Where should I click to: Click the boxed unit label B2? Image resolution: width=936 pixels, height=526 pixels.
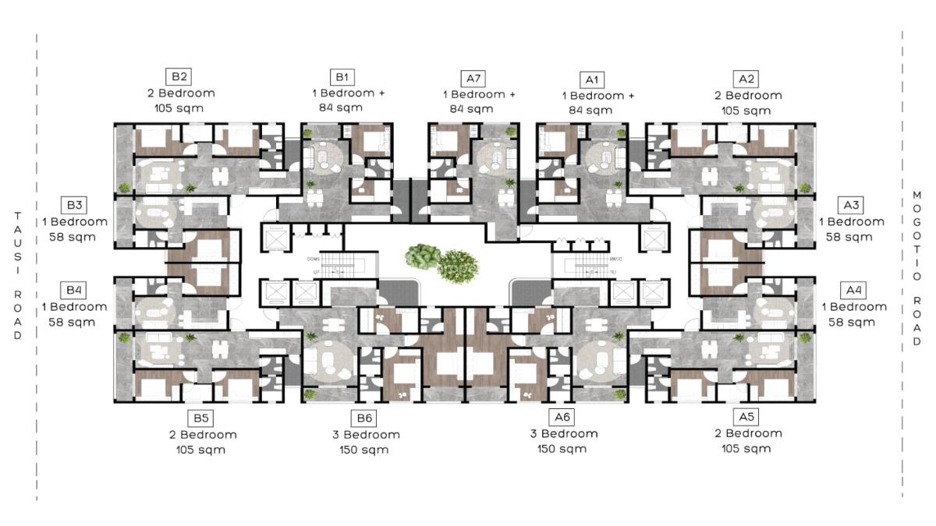tap(179, 76)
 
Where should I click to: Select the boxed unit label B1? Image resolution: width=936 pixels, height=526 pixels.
tap(342, 76)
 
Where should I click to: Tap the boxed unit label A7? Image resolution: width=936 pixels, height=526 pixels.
tap(473, 78)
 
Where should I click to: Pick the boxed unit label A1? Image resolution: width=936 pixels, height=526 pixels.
tap(591, 79)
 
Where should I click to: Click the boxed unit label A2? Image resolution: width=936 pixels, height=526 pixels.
tap(746, 79)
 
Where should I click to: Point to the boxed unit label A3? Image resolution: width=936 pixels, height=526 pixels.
tap(851, 206)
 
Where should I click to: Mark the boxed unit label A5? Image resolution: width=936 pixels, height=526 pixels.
tap(746, 417)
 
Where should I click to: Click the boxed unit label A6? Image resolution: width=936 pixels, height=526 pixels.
tap(562, 417)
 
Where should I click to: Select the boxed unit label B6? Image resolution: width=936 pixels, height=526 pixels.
tap(363, 418)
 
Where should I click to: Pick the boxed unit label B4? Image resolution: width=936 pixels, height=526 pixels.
tap(74, 291)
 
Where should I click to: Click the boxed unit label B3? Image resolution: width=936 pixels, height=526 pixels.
tap(74, 206)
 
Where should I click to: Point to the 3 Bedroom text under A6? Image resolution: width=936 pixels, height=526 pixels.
tap(568, 434)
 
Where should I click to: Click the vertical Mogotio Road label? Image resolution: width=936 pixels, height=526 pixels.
tap(916, 268)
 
